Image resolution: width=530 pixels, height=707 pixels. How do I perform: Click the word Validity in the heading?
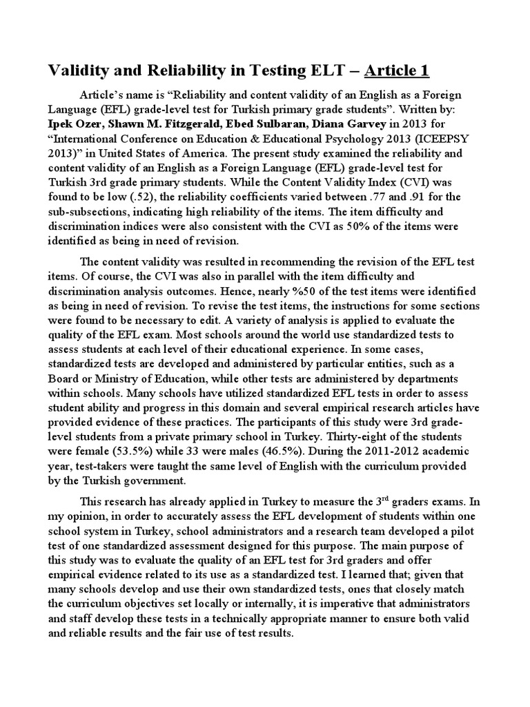(76, 70)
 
